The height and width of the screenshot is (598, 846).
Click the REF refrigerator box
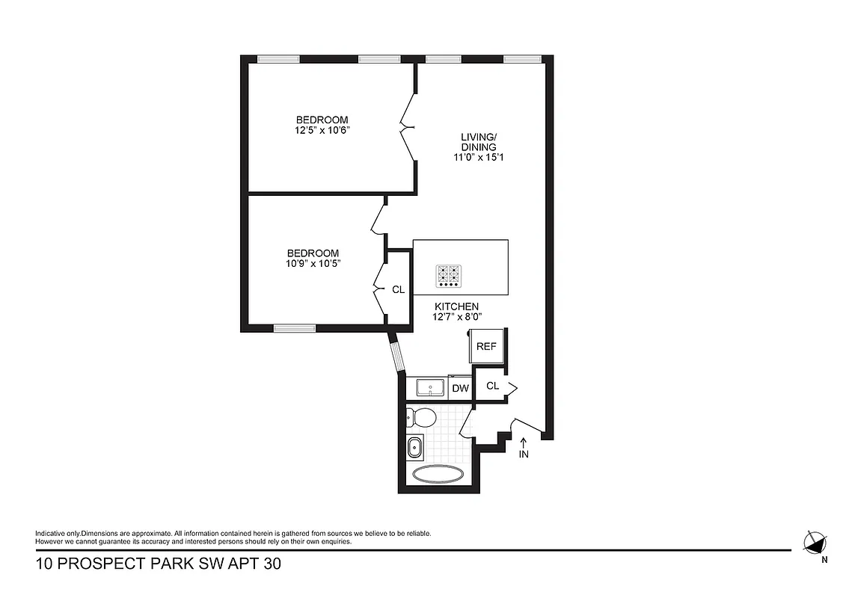(x=486, y=346)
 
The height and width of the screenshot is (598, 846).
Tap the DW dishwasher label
(x=461, y=388)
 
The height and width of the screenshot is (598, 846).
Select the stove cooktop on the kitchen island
(x=448, y=276)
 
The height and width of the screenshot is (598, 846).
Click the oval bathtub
(x=438, y=474)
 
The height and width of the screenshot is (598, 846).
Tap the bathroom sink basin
(x=414, y=449)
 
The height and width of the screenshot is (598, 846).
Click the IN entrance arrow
(x=524, y=447)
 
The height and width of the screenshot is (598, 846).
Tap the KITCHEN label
(x=457, y=306)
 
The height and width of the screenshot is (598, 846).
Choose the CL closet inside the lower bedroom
(x=398, y=289)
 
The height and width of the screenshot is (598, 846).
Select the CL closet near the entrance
(x=492, y=386)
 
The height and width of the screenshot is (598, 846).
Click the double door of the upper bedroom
(x=408, y=128)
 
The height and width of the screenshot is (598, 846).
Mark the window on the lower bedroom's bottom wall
(x=294, y=327)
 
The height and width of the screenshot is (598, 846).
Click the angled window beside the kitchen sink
(x=397, y=351)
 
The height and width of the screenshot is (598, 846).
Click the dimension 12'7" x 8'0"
(x=457, y=317)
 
